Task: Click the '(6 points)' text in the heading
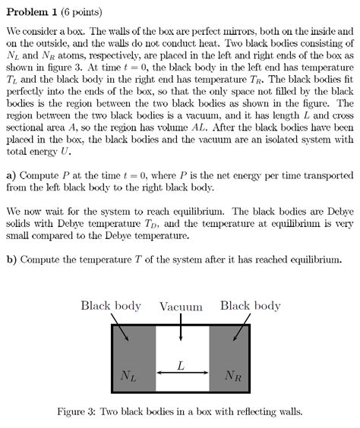pos(79,12)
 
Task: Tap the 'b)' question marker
pos(11,258)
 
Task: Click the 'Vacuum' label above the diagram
pos(181,307)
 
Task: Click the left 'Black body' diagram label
pos(111,306)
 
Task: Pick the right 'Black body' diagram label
pos(250,306)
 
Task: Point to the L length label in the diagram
pos(181,365)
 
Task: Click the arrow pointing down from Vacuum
pos(181,328)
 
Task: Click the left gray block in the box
pos(134,357)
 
